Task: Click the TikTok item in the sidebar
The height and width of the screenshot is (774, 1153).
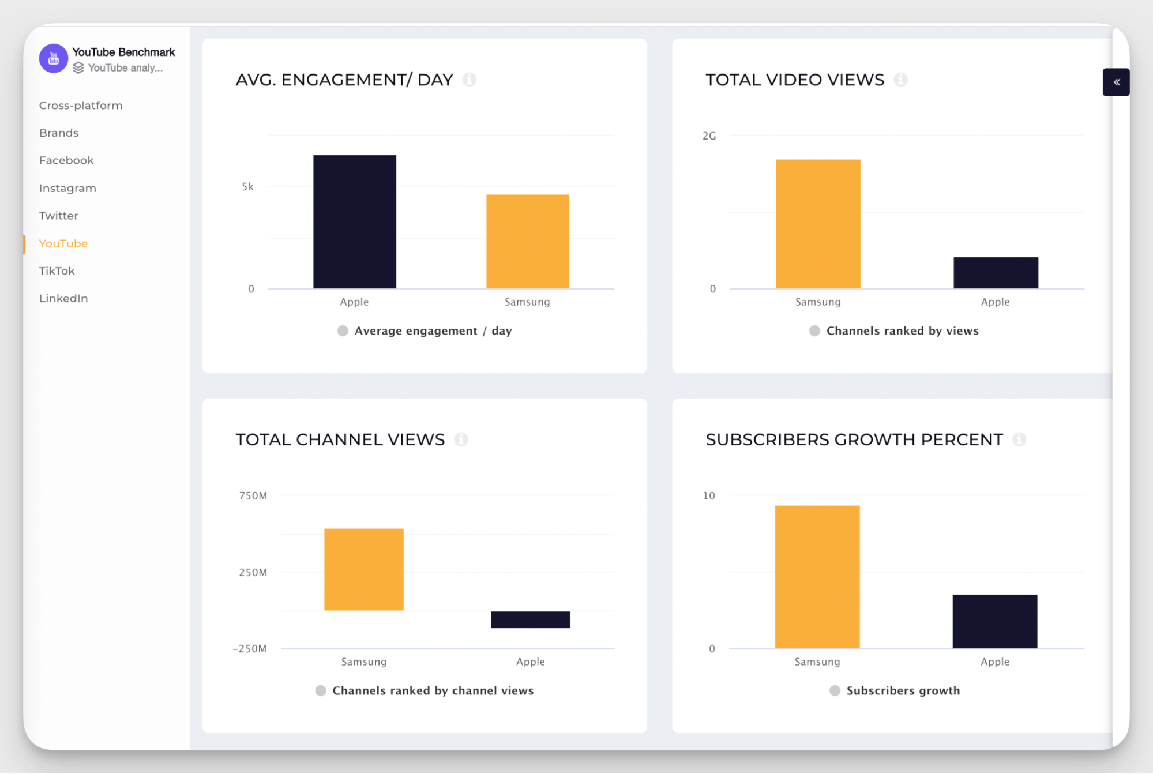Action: (57, 271)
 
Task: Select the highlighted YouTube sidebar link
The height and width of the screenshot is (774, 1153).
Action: (63, 243)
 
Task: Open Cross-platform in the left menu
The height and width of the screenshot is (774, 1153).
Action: (80, 106)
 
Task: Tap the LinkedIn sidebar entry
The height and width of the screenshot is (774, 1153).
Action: (63, 298)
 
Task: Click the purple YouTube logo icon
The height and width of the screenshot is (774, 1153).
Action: (53, 58)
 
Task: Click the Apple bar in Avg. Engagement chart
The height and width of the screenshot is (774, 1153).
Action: (354, 221)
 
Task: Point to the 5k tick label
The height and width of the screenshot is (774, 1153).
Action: (247, 187)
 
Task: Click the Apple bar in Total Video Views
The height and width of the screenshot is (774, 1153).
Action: (995, 273)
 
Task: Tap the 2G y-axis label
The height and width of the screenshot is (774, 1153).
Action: (709, 136)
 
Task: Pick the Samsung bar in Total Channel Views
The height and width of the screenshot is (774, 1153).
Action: (363, 569)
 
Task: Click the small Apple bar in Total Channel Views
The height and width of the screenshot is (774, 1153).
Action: (530, 619)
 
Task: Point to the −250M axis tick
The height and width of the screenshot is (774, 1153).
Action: (250, 649)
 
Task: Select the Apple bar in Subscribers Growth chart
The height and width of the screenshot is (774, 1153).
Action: (994, 621)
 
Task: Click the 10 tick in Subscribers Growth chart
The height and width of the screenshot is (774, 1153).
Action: (708, 496)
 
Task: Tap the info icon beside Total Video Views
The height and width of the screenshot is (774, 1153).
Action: (900, 80)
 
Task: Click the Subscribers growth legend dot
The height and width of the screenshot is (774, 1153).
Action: (834, 690)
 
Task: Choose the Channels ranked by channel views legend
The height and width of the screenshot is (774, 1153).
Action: (432, 690)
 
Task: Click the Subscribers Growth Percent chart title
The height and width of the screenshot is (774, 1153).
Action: (854, 439)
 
